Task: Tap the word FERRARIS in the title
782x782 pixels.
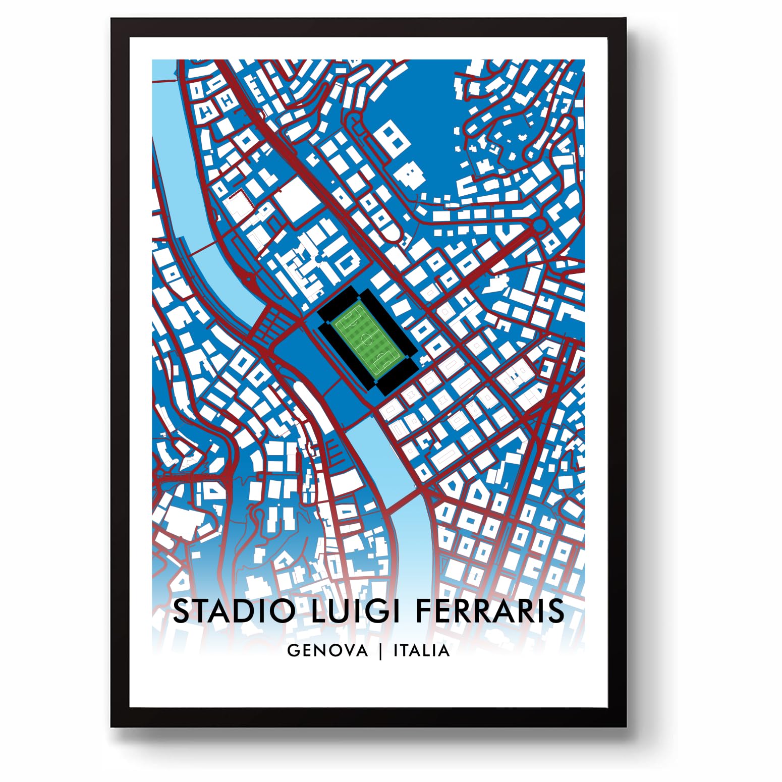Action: coord(490,611)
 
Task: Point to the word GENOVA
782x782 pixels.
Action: coord(327,650)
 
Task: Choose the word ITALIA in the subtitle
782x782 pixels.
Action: coord(421,650)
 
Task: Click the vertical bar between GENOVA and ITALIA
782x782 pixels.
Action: coord(381,651)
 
